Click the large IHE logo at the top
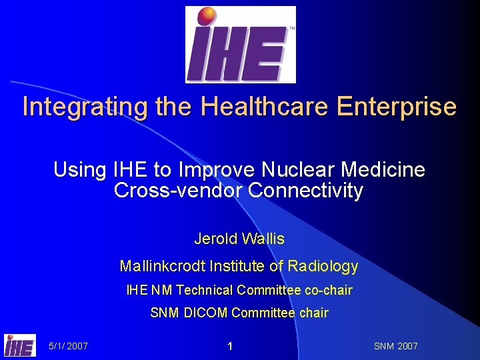coord(240,45)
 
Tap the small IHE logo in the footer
coord(20,345)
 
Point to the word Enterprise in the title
coord(397,107)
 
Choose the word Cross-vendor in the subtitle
coord(178,191)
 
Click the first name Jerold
coord(215,238)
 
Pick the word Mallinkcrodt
coord(163,267)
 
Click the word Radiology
coord(323,267)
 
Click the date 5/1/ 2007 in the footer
coord(68,346)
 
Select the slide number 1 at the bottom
coord(229,346)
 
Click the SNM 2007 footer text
coord(396,346)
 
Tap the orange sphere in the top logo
coord(207,16)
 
